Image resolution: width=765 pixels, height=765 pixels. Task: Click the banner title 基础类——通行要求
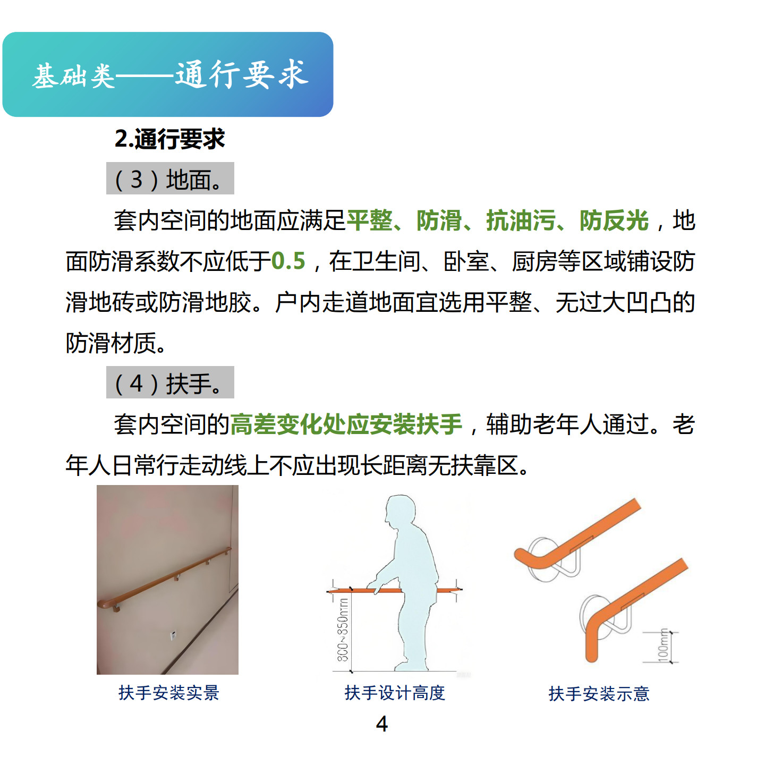171,74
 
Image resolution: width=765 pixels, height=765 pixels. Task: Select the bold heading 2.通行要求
170,139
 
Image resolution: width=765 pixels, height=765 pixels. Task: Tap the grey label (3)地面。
170,178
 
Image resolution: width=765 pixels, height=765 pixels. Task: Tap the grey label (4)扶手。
170,382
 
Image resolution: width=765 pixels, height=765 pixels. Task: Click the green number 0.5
288,261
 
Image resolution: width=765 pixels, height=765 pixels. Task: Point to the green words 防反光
614,220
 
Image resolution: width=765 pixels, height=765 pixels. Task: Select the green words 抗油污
521,220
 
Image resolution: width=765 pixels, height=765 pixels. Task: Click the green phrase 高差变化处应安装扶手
346,424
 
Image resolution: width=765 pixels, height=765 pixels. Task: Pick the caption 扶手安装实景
169,693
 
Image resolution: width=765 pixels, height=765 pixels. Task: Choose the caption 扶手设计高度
395,693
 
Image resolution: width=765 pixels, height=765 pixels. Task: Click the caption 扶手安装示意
599,693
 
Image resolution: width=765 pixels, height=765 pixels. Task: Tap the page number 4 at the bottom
382,724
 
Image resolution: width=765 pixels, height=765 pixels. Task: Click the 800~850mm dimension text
343,630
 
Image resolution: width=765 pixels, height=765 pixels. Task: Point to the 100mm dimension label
664,645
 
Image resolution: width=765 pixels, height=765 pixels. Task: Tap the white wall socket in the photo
174,635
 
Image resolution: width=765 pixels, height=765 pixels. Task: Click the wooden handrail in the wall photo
164,579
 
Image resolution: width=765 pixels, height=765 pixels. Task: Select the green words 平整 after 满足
370,220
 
